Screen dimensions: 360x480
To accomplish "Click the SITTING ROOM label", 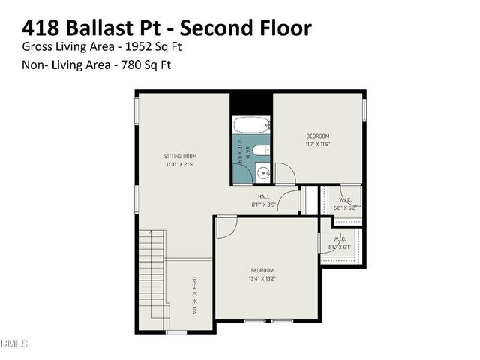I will click(x=180, y=156).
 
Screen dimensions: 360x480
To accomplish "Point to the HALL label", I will click(x=264, y=196).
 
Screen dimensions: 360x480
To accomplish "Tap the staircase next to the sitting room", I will click(x=151, y=255).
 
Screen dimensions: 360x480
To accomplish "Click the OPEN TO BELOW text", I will click(x=194, y=295).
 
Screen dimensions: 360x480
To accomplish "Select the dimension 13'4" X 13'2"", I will click(x=262, y=278).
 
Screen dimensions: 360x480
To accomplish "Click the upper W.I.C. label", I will click(x=345, y=200).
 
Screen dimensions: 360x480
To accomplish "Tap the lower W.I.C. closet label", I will click(x=340, y=239).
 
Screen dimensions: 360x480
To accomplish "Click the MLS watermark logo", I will click(x=13, y=343).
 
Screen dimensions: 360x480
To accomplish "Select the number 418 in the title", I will click(x=41, y=28).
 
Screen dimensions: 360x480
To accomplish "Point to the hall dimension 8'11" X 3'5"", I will click(x=264, y=204).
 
